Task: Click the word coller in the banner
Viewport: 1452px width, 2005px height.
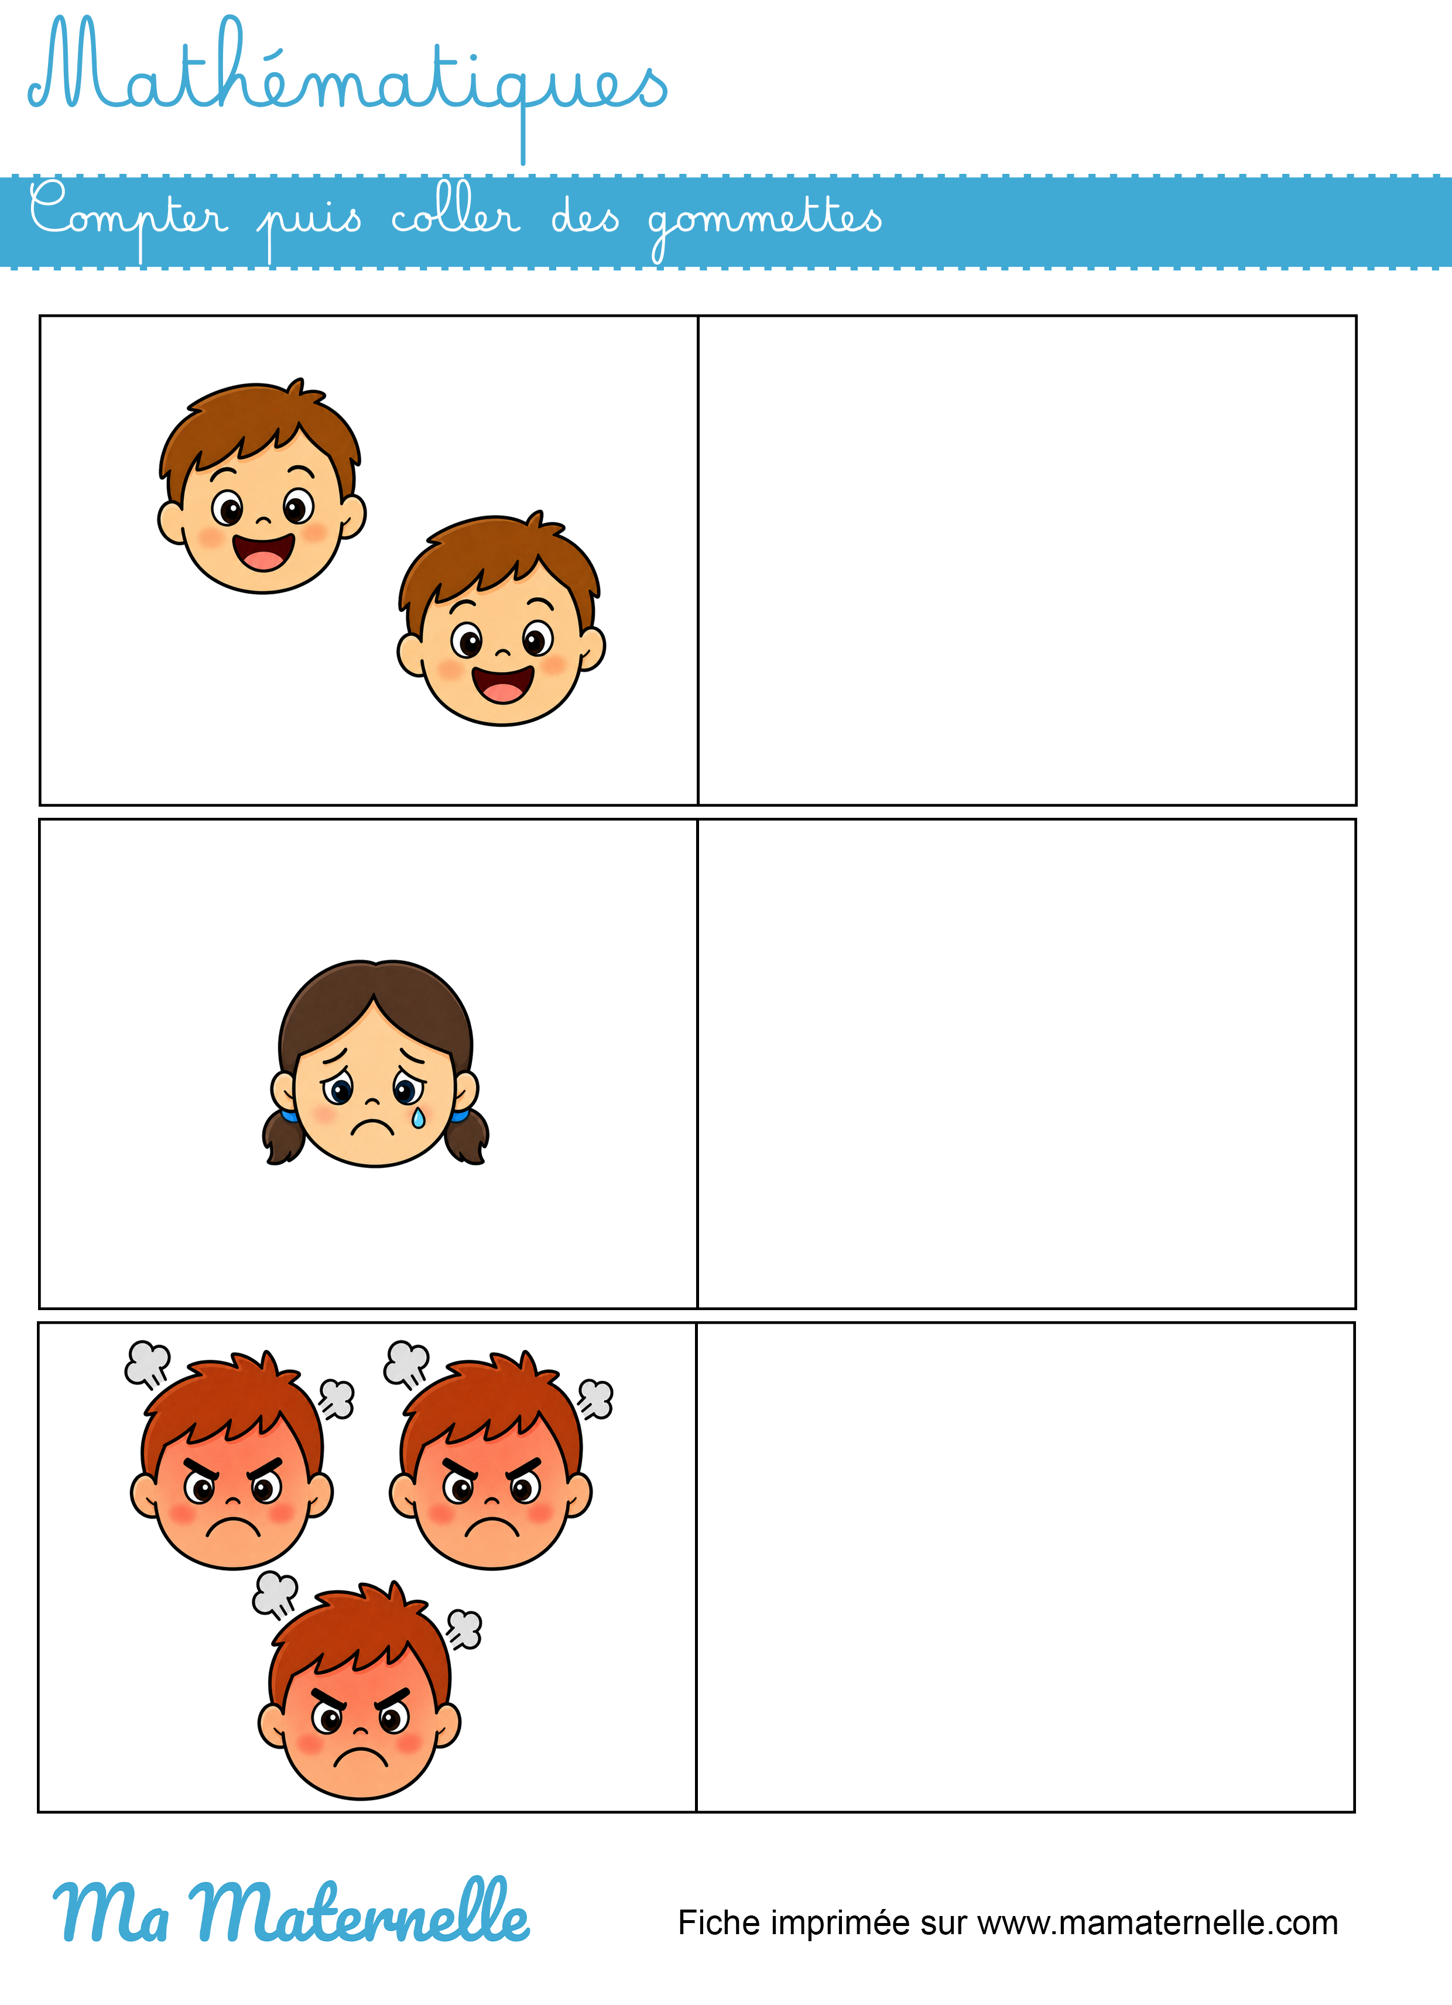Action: coord(456,212)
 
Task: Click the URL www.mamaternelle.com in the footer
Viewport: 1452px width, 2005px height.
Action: coord(1158,1924)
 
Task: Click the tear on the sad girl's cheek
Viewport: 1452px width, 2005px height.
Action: coord(418,1118)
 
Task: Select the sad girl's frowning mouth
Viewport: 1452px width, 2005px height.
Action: coord(372,1128)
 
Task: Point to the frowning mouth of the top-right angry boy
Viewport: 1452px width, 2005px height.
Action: coord(492,1527)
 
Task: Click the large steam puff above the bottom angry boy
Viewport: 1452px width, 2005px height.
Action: coord(275,1594)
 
